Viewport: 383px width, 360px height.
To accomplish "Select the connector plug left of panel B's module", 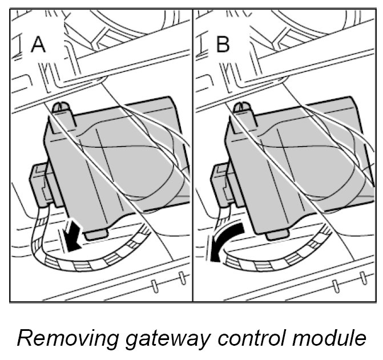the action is tap(221, 183).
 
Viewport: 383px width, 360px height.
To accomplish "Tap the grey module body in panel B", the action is tap(297, 165).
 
